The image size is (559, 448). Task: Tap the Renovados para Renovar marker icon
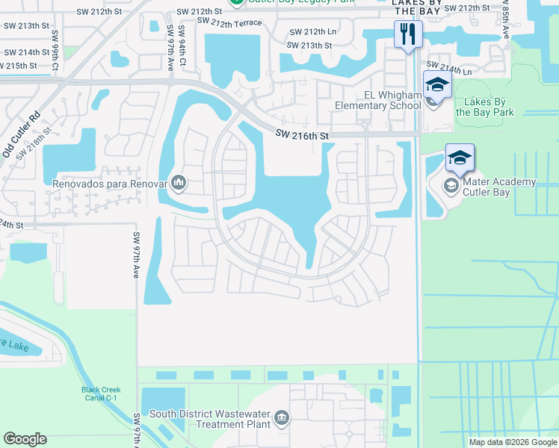pos(179,181)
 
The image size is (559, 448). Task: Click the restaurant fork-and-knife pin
pos(407,34)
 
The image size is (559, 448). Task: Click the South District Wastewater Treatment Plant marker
pos(282,418)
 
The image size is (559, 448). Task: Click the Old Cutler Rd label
pos(20,136)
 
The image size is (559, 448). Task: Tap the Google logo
pos(25,439)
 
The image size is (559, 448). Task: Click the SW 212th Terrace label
pos(229,22)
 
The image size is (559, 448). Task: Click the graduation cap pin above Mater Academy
pos(460,158)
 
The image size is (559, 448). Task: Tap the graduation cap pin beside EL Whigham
pos(437,84)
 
